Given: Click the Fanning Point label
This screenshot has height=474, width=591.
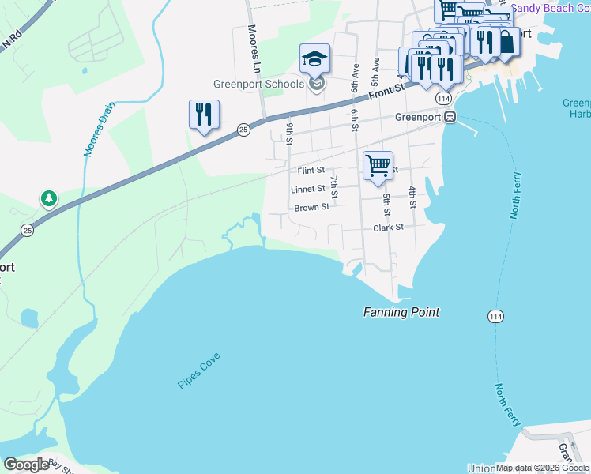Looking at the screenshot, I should point(401,312).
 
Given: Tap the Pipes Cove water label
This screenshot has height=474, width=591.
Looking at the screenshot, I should point(198,371).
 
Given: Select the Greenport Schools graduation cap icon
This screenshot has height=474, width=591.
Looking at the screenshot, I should point(314,58).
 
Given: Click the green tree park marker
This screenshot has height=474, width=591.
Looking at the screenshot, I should point(50,198).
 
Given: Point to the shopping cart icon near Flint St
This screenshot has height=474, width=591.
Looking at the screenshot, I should point(378,166).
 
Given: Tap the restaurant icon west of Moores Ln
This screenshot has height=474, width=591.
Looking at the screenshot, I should point(204,115).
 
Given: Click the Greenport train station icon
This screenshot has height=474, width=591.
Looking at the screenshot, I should point(450,116).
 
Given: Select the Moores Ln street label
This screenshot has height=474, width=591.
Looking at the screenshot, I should point(254,47).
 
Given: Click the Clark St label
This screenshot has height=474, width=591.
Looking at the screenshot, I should point(388,227).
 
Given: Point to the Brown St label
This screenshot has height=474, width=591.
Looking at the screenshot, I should point(311,208).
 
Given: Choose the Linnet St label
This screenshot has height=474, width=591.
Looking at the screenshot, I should point(307,190).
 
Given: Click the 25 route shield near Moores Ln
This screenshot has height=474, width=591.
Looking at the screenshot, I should point(244,128).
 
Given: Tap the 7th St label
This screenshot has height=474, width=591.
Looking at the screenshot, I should point(335,187).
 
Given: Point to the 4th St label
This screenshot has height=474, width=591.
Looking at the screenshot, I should point(412,197).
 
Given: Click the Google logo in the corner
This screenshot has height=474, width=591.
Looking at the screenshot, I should point(26,465).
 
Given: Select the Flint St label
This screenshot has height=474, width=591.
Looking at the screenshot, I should point(311,171).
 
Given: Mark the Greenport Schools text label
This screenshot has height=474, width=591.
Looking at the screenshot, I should point(258,85).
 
